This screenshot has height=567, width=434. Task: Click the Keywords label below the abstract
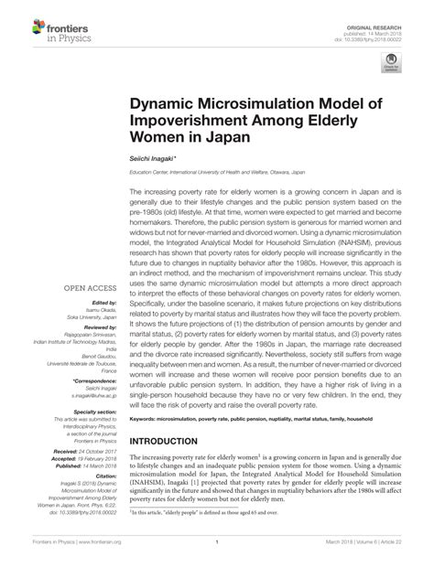[150, 418]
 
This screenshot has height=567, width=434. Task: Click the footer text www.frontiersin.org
[85, 554]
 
